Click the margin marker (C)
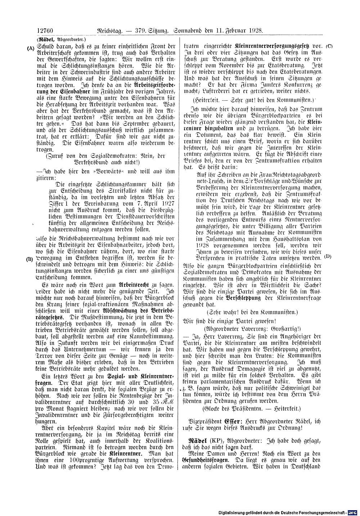[329, 46]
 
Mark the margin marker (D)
[328, 256]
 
